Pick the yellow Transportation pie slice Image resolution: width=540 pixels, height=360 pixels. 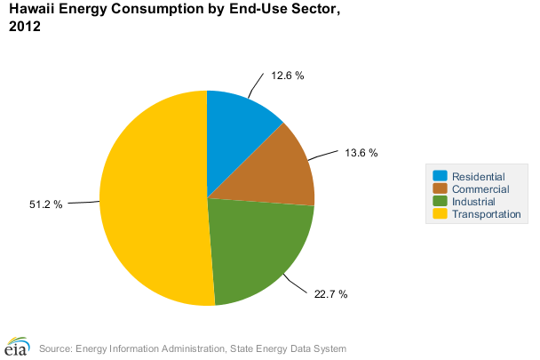point(151,200)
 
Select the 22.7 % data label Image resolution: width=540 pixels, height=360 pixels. point(330,293)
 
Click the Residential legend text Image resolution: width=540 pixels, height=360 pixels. point(478,176)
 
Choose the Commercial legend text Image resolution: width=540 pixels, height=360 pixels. point(480,188)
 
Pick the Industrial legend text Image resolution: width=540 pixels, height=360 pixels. point(473,202)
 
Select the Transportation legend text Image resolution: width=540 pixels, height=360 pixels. point(486,214)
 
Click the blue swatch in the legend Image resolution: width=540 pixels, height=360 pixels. point(440,176)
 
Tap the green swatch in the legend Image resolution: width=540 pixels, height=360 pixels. point(440,202)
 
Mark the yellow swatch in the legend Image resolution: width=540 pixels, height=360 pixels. point(440,214)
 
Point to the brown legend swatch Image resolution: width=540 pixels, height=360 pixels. point(440,188)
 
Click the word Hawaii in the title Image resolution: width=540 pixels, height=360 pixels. point(31,10)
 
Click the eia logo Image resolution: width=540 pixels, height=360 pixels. point(17,345)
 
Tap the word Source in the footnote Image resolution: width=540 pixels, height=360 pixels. point(55,348)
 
